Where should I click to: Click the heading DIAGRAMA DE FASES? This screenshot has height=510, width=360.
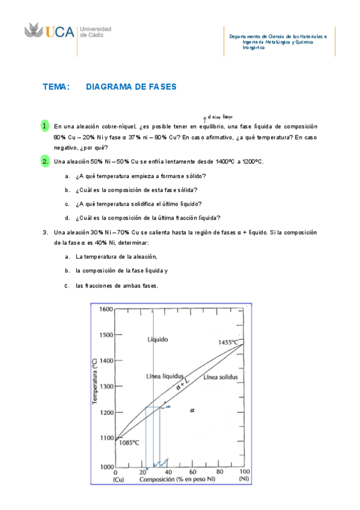pos(131,87)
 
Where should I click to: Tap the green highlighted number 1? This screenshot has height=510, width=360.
pos(45,126)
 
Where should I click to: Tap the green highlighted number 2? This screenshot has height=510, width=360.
pos(45,161)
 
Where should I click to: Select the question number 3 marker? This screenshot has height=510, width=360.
pos(45,232)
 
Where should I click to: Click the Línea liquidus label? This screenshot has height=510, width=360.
pos(164,376)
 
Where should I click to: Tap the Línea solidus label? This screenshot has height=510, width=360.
pos(221,377)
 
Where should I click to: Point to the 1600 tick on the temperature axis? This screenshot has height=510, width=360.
pos(106,309)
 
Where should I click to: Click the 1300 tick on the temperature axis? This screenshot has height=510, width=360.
pos(106,387)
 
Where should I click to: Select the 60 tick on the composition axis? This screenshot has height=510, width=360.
pos(193,473)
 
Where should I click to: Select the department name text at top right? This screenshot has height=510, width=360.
pos(278,41)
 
